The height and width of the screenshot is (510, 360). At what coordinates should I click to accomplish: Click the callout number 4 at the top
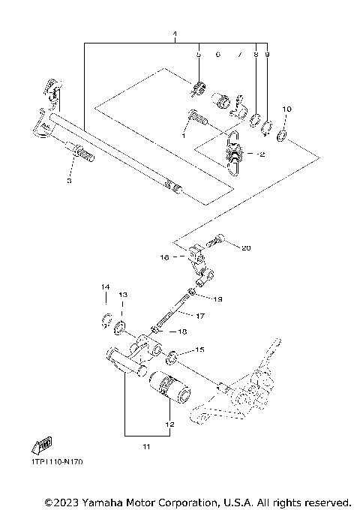(174, 36)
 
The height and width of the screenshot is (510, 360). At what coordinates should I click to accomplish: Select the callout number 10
(286, 109)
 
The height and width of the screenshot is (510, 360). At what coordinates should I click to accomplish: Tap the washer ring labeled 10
(282, 135)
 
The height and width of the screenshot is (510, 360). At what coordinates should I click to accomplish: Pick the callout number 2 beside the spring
(262, 156)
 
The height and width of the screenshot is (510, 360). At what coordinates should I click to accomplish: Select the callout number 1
(182, 136)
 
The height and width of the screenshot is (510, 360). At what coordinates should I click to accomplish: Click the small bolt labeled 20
(219, 241)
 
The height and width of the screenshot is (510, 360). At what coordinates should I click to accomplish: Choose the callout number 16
(163, 256)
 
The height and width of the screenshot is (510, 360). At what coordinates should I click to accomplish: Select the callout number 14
(106, 287)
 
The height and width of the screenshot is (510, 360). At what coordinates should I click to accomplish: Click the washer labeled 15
(172, 355)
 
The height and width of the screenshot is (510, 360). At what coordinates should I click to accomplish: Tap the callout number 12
(170, 424)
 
